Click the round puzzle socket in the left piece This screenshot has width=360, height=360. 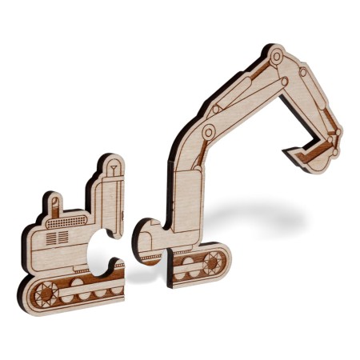[x=102, y=246]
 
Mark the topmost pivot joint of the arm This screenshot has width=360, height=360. [x=277, y=56]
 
